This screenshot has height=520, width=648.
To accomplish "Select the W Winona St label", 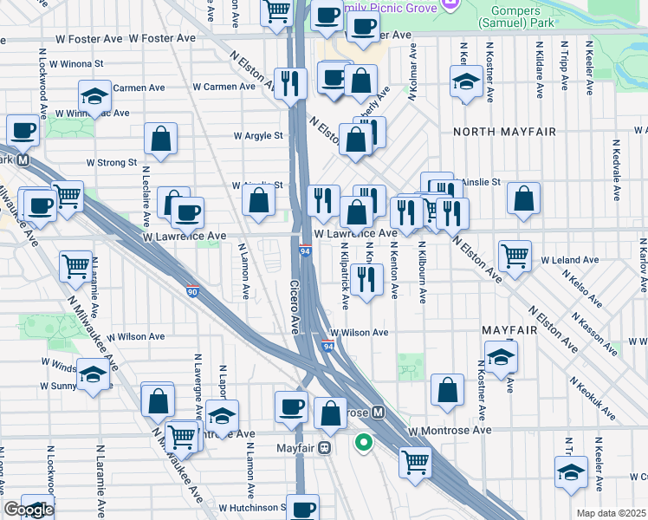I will click(76, 63).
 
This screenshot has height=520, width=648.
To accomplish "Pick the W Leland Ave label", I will click(565, 259).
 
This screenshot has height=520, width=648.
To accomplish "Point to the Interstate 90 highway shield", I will click(192, 291).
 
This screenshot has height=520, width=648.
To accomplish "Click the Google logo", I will click(29, 510).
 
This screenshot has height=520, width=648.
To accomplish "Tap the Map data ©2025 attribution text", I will click(611, 513).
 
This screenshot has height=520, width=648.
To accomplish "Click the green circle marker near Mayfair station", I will click(365, 442).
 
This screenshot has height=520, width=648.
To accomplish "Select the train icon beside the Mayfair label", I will click(324, 448).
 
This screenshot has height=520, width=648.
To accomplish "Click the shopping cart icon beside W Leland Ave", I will click(515, 256).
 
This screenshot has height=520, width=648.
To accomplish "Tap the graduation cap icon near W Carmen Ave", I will click(95, 94).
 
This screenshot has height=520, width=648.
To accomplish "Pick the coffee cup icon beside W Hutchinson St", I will click(303, 508).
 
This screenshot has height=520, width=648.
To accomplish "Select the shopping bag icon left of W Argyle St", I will click(161, 138).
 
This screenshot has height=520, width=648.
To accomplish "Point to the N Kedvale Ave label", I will click(616, 165).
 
